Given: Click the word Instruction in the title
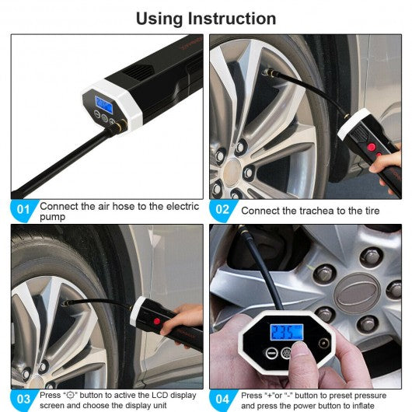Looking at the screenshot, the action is pos(232,19).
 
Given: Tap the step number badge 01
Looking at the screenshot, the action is pos(23,210).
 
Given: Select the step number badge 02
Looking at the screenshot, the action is pos(222,210).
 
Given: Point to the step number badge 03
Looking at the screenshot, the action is pos(23,399).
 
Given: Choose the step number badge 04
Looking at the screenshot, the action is pos(222,399).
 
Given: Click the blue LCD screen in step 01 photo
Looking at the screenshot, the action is pos(104,105).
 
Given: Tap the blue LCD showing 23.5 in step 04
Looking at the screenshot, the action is pos(287,332).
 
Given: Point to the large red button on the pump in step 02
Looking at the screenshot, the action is pos(372,147).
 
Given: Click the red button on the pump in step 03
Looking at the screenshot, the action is pos(157,321).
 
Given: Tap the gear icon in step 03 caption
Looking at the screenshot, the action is pos(70,395).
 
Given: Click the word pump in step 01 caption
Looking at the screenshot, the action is pos(52,218).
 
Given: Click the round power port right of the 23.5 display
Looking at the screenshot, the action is pos(323,344).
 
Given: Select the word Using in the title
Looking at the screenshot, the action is pos(159,19).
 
